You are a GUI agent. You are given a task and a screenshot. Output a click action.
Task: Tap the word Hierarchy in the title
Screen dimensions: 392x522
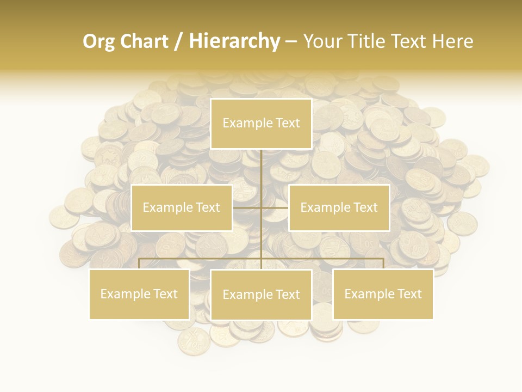tap(234, 41)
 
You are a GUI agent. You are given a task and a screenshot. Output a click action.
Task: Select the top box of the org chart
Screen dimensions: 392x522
tap(261, 124)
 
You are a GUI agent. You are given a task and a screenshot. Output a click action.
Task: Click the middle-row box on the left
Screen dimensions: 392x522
tap(182, 207)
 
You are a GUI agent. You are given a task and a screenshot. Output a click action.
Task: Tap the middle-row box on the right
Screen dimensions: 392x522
tap(339, 207)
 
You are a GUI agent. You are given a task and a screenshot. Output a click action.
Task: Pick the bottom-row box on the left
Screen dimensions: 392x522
tap(139, 294)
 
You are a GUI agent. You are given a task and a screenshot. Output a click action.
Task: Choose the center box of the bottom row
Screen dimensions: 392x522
tap(261, 295)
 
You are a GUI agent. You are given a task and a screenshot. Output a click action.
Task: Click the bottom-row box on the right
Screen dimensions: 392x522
tap(383, 294)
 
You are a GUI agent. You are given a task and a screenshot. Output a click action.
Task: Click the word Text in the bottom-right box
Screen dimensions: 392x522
tap(409, 294)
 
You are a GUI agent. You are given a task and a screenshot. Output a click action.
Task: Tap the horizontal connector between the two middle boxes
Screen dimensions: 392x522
tap(261, 207)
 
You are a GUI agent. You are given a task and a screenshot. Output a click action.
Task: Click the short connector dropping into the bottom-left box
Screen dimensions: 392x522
tap(139, 264)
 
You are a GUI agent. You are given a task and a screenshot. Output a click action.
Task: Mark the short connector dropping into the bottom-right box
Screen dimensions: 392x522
tap(383, 264)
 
